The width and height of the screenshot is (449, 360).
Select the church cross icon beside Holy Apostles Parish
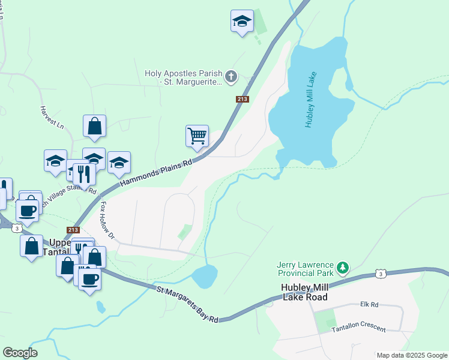point(231,77)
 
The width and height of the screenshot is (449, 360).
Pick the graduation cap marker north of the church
point(242,21)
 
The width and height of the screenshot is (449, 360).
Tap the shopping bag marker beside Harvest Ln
point(95,126)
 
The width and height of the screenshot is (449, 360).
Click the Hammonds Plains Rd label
point(156,172)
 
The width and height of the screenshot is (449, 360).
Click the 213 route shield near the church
point(243,99)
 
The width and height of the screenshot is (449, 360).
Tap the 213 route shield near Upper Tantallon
point(73,230)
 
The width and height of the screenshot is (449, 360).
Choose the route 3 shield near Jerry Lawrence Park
point(381,274)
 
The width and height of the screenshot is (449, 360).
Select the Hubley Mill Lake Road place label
point(304,292)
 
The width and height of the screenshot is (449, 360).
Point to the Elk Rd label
point(369,305)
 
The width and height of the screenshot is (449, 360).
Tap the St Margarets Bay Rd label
point(187,304)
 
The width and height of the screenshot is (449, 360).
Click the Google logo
point(20,353)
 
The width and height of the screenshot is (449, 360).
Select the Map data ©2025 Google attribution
point(411,355)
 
